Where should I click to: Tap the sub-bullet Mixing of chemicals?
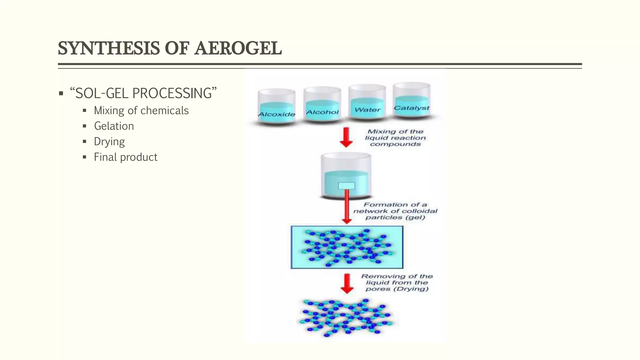141,111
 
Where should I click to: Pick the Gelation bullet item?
114,126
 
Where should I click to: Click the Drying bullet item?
109,142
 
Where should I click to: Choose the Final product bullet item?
126,157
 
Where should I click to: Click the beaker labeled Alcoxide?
277,106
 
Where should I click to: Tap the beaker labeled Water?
367,102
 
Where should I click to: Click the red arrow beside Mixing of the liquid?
346,137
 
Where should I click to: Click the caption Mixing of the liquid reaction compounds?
395,138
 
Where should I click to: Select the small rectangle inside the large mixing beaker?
347,186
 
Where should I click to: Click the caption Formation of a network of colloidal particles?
395,211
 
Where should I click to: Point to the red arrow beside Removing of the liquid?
347,283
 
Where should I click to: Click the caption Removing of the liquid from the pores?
397,282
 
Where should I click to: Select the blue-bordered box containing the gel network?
347,247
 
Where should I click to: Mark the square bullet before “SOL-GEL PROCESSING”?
61,93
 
